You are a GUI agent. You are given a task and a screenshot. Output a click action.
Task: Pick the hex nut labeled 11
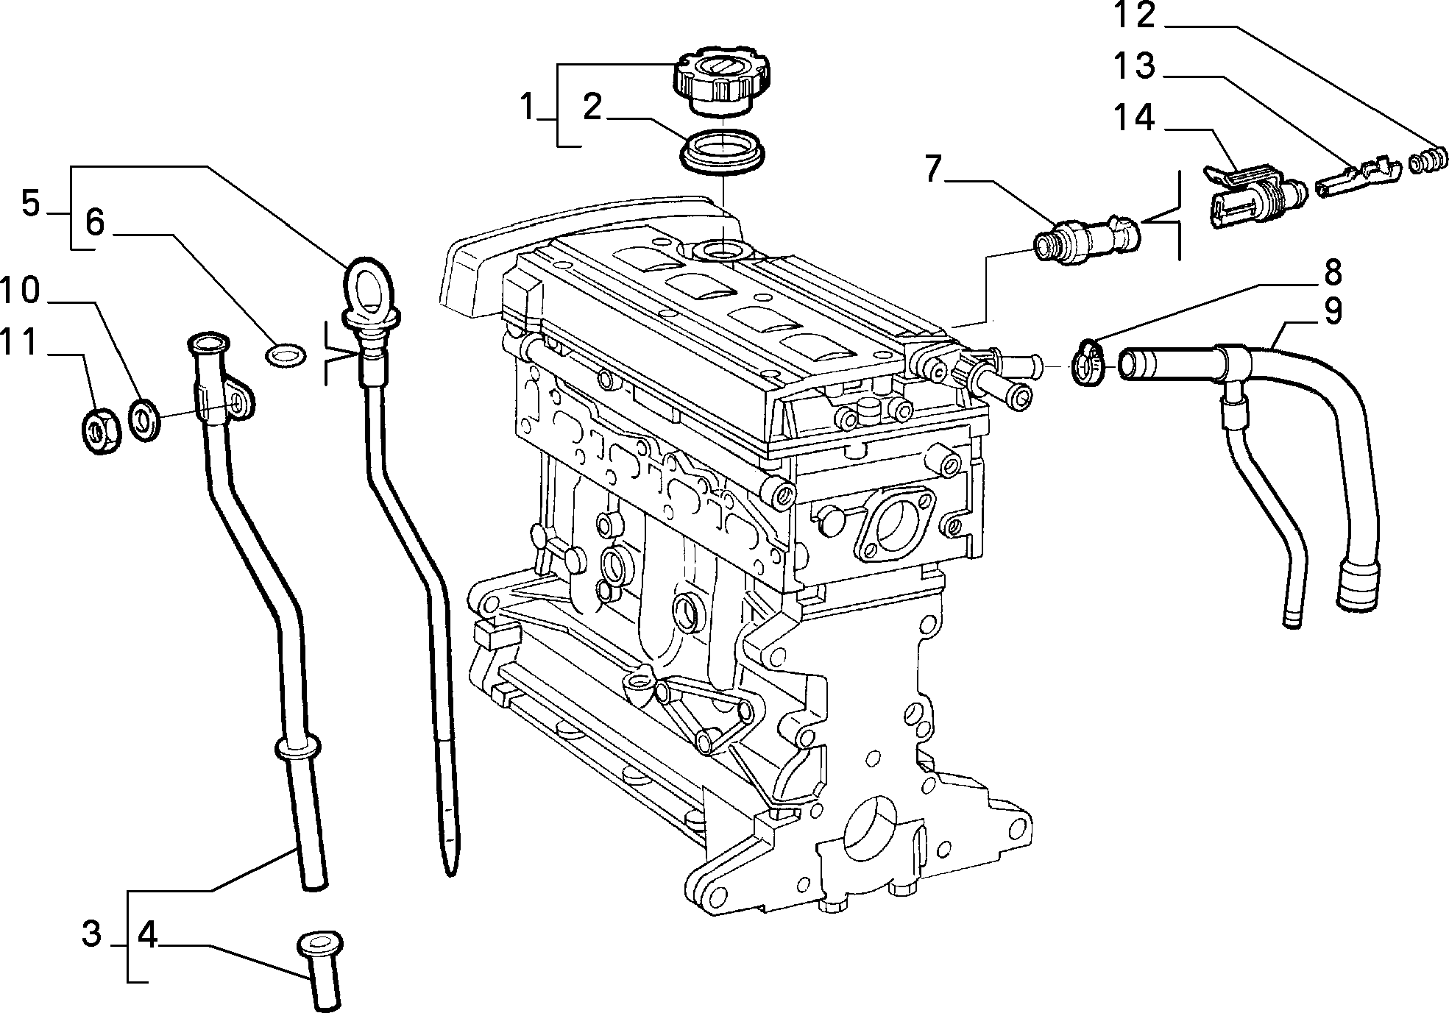96,431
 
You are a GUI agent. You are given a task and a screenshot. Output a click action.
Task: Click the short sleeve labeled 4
321,970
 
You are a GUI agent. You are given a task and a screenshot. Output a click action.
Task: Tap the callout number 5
30,203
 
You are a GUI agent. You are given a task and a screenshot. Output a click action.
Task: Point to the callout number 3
91,935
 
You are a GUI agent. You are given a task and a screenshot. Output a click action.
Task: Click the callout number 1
527,107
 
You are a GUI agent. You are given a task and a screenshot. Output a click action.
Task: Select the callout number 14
1135,118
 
